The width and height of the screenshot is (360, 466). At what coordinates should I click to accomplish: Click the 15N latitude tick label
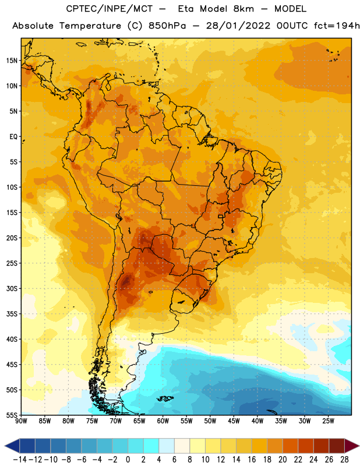(x=12, y=61)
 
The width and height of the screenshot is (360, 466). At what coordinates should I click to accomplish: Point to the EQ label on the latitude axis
(x=13, y=137)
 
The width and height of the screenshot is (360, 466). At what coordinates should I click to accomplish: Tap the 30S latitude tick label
(x=12, y=288)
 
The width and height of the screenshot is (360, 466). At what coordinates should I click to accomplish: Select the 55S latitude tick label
(x=12, y=415)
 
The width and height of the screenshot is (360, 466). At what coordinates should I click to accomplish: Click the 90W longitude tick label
(x=21, y=421)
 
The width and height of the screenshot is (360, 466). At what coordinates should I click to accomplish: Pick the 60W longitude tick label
(x=163, y=421)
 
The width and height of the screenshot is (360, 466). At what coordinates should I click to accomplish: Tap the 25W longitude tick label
(x=328, y=421)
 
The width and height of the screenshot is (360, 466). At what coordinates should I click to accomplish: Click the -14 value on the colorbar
(x=20, y=460)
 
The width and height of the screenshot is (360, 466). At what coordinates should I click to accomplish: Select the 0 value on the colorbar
(x=128, y=460)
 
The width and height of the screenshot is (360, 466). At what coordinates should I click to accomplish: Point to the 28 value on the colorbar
(x=344, y=460)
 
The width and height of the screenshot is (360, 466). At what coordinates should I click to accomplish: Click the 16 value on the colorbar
(x=252, y=460)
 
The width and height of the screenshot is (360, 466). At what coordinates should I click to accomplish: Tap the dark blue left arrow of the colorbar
(x=12, y=446)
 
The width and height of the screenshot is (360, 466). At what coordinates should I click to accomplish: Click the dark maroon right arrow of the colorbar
(x=352, y=446)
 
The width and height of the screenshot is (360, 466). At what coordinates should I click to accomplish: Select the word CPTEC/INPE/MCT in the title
(x=110, y=9)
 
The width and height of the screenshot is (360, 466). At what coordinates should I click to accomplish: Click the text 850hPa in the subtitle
(x=167, y=26)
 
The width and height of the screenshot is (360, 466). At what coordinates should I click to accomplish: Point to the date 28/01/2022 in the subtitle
(x=238, y=26)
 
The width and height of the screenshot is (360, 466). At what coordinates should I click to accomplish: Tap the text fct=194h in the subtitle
(x=337, y=26)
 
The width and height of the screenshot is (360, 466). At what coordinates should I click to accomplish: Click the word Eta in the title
(x=186, y=9)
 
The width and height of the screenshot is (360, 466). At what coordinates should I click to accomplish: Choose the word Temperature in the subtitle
(x=90, y=26)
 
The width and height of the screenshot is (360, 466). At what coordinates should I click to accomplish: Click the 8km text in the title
(x=243, y=9)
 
